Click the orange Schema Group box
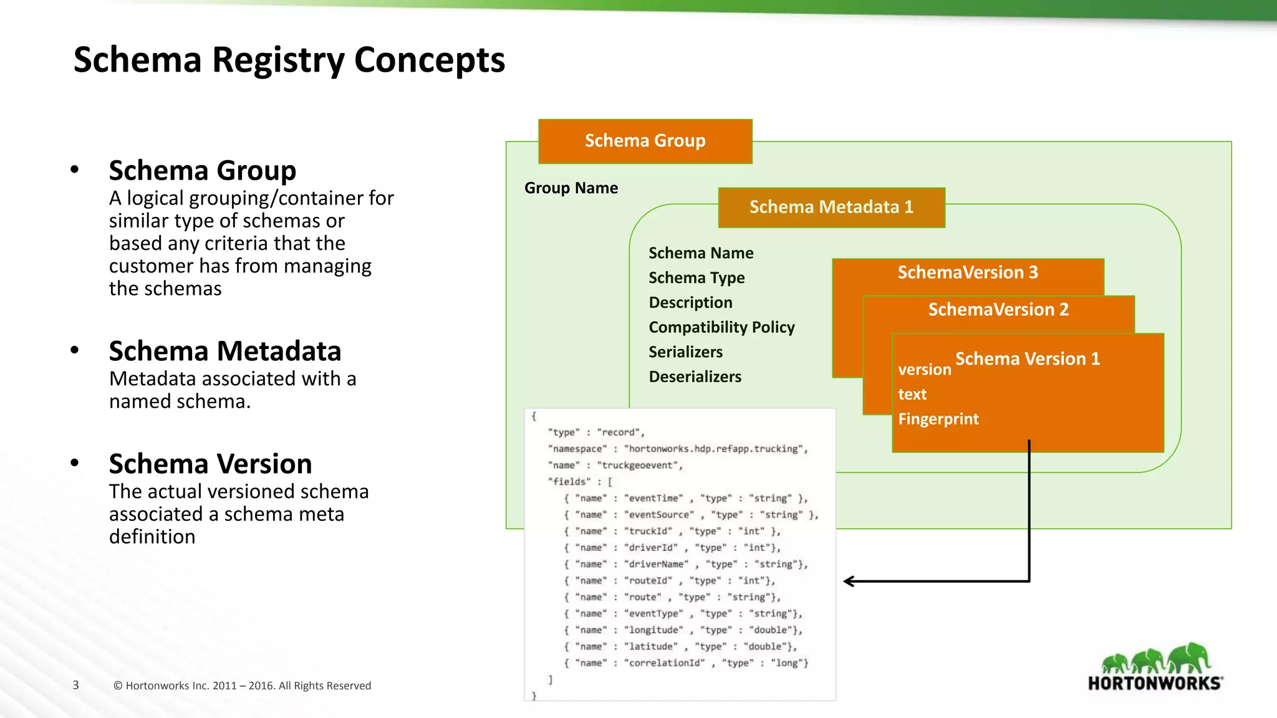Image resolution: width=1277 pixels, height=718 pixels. [645, 141]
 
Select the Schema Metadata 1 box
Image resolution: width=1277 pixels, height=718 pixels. [831, 207]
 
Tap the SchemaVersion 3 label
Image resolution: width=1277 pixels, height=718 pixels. [967, 272]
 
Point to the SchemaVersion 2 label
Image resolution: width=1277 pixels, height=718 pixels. [998, 310]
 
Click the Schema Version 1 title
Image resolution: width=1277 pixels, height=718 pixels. [1027, 359]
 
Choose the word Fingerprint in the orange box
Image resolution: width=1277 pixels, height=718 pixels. [938, 419]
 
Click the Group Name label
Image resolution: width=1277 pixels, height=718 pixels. [571, 188]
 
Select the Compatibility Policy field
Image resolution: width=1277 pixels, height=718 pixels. [721, 327]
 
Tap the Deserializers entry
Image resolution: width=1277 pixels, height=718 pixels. [695, 376]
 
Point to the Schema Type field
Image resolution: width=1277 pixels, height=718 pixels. [696, 277]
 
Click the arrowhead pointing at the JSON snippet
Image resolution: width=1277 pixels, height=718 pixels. [849, 582]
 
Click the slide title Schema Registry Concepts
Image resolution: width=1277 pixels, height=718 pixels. [289, 60]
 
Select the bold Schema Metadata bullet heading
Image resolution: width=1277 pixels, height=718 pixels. [224, 351]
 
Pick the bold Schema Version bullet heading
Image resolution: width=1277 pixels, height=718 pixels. [210, 464]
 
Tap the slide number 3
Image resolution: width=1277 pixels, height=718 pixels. [75, 685]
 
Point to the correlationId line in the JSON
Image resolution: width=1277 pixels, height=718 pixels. [686, 663]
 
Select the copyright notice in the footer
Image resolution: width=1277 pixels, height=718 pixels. [242, 686]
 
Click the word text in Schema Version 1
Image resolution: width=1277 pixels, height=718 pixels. [912, 395]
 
